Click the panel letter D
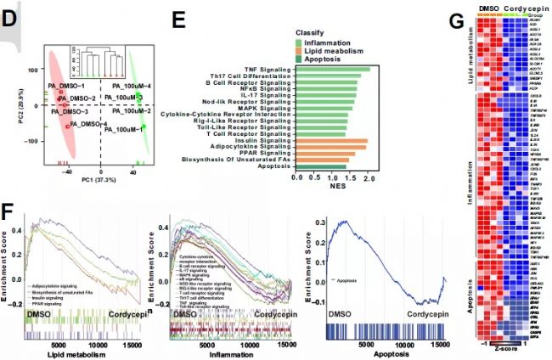(11, 14)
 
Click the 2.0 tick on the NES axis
(369, 179)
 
